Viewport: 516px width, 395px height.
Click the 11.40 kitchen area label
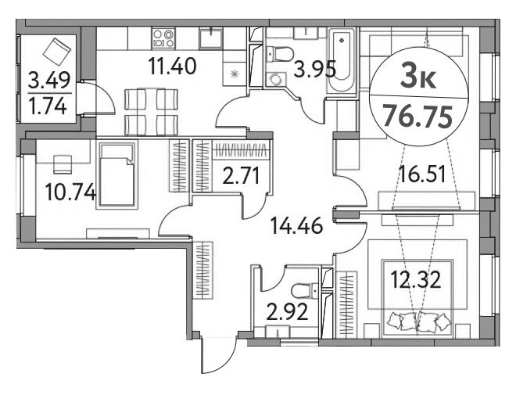click(172, 66)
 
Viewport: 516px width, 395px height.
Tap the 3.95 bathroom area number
click(314, 70)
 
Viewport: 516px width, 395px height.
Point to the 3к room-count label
click(418, 79)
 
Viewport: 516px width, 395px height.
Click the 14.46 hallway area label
click(296, 226)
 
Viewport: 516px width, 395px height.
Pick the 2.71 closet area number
click(242, 176)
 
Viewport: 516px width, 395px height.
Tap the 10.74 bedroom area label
click(70, 192)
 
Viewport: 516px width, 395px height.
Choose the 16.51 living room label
click(422, 174)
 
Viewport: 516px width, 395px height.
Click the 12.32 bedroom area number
click(416, 280)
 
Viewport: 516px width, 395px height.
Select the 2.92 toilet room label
click(287, 312)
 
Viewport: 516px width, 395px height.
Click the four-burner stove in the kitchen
click(163, 38)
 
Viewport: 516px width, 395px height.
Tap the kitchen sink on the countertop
click(210, 38)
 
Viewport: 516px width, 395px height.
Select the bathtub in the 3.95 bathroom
click(342, 61)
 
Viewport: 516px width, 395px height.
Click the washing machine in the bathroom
click(276, 80)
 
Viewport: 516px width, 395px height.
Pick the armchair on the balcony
click(56, 51)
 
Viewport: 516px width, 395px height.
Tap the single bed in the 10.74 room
click(117, 174)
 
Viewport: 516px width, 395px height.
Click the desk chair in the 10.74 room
click(63, 164)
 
